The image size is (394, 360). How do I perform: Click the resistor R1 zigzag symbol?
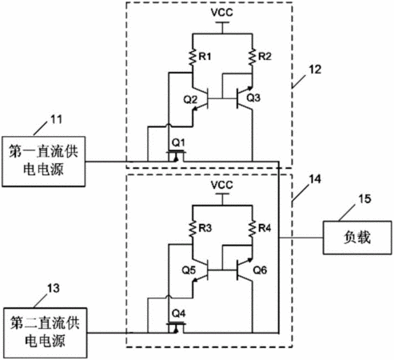click(x=192, y=57)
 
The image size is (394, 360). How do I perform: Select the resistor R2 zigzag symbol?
click(x=252, y=57)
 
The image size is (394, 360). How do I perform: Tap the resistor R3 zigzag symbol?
click(x=192, y=228)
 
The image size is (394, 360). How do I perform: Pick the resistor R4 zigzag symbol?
click(x=252, y=228)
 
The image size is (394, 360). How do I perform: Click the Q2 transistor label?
click(x=190, y=100)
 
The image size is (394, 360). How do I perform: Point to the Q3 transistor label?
click(x=253, y=98)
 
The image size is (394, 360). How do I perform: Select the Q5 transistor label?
click(x=189, y=270)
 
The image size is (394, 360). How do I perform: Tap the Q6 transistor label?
click(x=260, y=270)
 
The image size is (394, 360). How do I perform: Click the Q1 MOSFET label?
click(x=178, y=143)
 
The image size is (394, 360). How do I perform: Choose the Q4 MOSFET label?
click(x=178, y=314)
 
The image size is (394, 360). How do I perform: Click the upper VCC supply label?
click(x=222, y=12)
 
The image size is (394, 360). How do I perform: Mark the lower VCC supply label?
click(x=222, y=185)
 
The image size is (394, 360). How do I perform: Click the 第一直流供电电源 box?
click(x=44, y=162)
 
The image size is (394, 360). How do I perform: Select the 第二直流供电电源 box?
click(x=46, y=333)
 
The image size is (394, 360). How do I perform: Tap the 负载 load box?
click(x=357, y=238)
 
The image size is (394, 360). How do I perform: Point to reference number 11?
click(x=56, y=119)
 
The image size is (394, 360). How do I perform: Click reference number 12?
click(x=315, y=70)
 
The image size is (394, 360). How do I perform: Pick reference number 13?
click(x=54, y=289)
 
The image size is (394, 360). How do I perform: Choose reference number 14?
click(x=315, y=179)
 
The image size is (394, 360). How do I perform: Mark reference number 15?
click(x=364, y=199)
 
